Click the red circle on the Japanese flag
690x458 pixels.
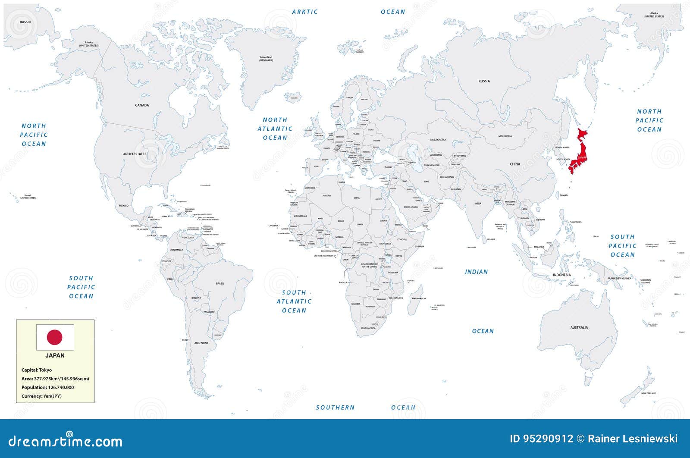pyautogui.click(x=55, y=337)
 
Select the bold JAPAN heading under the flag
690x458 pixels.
pyautogui.click(x=55, y=356)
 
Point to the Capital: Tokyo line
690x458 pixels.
pyautogui.click(x=37, y=370)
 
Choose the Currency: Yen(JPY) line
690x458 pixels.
pyautogui.click(x=41, y=396)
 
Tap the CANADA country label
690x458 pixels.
pyautogui.click(x=142, y=105)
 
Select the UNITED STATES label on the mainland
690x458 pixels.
pyautogui.click(x=134, y=154)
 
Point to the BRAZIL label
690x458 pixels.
pyautogui.click(x=220, y=283)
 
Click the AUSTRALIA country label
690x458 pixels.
pyautogui.click(x=579, y=327)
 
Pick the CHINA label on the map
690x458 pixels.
pyautogui.click(x=515, y=164)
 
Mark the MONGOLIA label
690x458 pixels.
pyautogui.click(x=505, y=136)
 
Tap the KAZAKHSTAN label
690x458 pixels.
pyautogui.click(x=438, y=140)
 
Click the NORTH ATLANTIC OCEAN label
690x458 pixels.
pyautogui.click(x=275, y=129)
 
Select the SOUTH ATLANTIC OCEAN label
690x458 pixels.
pyautogui.click(x=294, y=301)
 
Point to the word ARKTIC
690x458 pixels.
pyautogui.click(x=305, y=12)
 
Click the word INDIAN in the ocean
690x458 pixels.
pyautogui.click(x=476, y=272)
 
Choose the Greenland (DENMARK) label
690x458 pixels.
pyautogui.click(x=266, y=59)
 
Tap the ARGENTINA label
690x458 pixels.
pyautogui.click(x=201, y=343)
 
